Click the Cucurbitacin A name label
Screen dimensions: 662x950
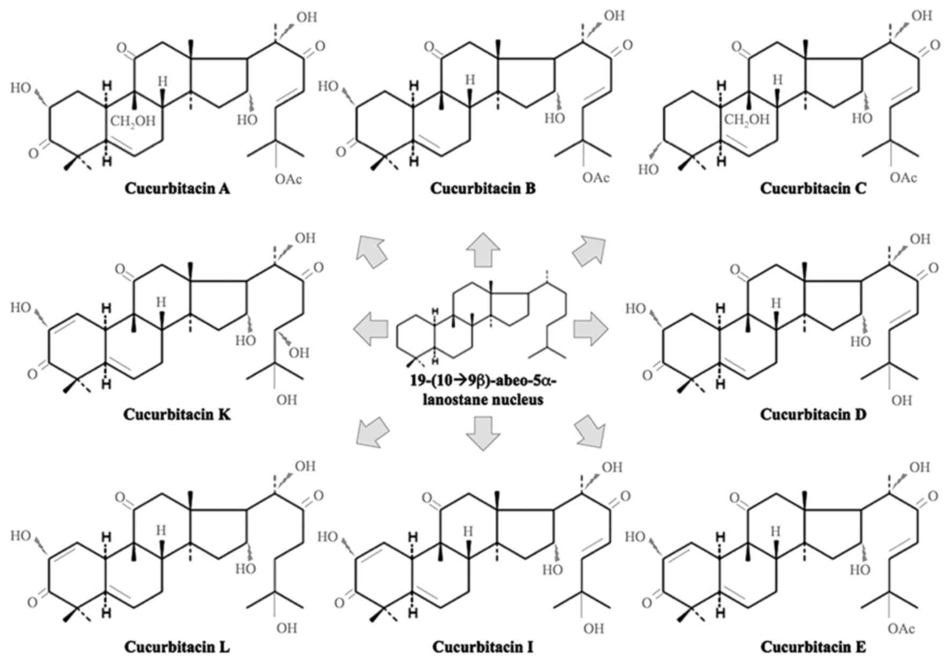coord(177,189)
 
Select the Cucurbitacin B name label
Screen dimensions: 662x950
coord(483,189)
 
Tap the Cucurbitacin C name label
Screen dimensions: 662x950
coord(813,189)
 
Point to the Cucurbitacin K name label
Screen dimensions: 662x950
coord(177,414)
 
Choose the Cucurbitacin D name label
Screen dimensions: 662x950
coord(813,414)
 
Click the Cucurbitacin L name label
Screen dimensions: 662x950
coord(177,647)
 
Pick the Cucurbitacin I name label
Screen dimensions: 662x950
coord(483,647)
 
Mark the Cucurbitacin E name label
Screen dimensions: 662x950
coord(813,647)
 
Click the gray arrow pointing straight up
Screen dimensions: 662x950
coord(483,250)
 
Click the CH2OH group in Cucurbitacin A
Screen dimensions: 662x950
coord(132,121)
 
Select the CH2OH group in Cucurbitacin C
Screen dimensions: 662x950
coord(747,120)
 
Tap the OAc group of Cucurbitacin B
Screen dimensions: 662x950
coord(596,177)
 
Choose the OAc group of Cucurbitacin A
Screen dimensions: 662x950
coord(288,178)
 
